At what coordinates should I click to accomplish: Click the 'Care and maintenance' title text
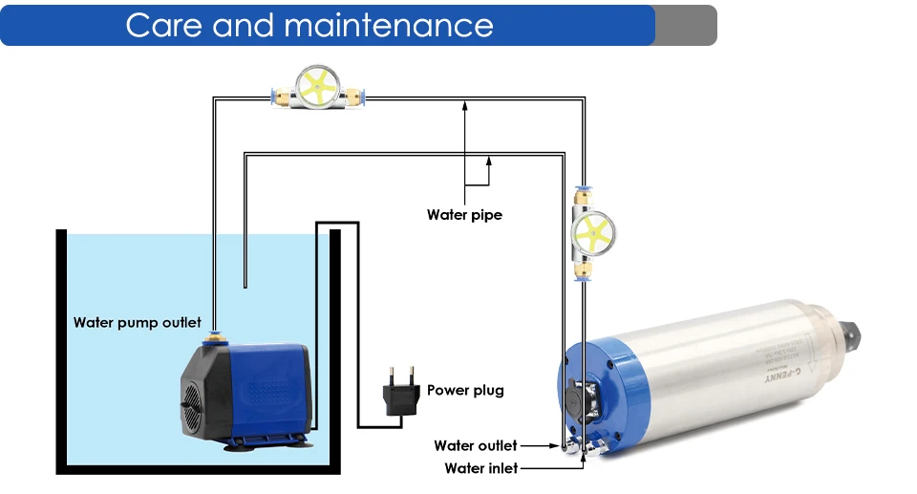point(309,25)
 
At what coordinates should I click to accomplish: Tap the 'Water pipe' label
point(464,215)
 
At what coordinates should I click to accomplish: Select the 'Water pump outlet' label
point(138,322)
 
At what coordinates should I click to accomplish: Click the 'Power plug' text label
point(465,390)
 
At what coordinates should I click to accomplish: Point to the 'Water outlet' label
point(475,445)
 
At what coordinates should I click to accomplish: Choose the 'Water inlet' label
point(481,468)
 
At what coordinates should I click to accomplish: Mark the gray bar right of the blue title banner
point(685,25)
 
